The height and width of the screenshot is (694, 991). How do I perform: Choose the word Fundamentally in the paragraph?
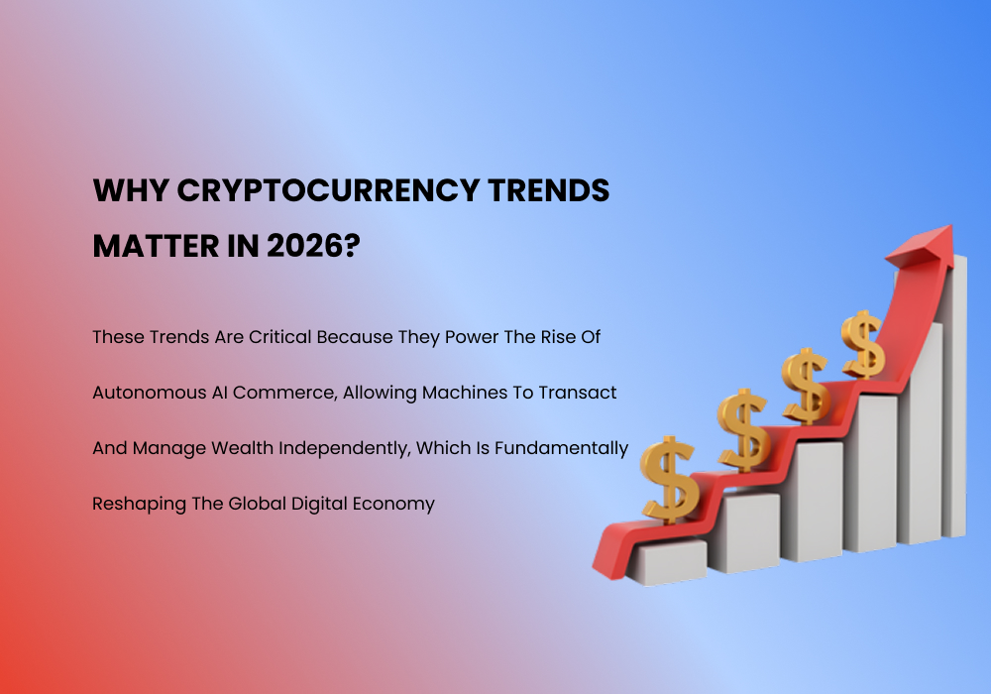coord(566,448)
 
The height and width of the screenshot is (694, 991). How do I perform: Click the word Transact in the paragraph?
coord(580,393)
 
